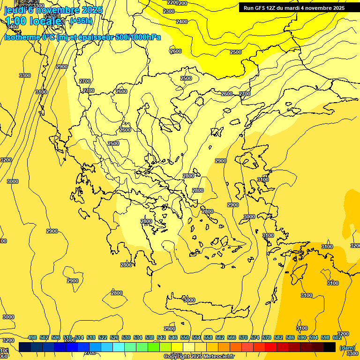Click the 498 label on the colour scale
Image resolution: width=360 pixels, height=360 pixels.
32,337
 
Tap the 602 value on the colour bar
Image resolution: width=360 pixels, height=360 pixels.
337,337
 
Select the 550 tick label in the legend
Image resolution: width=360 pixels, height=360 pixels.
185,337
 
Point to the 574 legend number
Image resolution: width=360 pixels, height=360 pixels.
255,337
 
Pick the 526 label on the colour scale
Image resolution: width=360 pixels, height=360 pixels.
114,337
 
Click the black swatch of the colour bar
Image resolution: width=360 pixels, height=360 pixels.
330,347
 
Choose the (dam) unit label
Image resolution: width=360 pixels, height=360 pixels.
347,347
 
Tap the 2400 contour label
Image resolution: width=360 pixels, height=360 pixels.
182,22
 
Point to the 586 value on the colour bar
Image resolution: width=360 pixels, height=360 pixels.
290,337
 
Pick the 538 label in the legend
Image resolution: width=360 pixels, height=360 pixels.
150,337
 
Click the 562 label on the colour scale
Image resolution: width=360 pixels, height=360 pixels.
220,337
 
